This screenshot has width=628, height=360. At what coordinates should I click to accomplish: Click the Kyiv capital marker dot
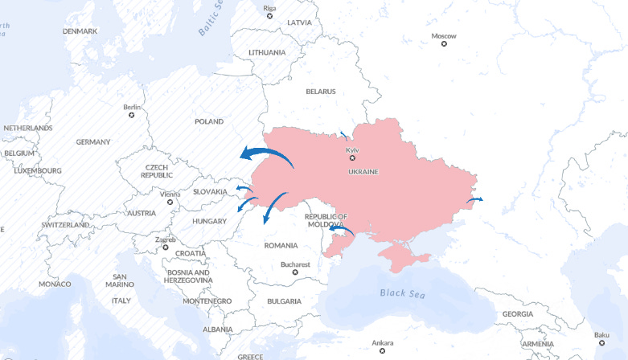click(351, 158)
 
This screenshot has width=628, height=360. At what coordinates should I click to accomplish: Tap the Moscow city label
click(443, 36)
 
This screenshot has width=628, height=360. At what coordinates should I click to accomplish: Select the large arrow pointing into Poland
click(265, 154)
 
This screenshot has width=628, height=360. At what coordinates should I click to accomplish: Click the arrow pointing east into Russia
click(475, 198)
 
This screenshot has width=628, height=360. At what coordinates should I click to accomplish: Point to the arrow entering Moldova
click(341, 231)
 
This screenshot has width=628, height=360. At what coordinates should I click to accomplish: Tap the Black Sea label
click(401, 292)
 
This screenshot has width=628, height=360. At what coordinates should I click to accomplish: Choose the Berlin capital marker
click(132, 115)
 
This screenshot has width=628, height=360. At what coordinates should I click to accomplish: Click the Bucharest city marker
click(295, 272)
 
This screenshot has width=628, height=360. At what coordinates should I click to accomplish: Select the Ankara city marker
click(382, 350)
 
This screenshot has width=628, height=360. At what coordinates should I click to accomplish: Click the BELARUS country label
click(320, 92)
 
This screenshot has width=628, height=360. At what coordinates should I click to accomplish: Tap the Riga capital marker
click(269, 16)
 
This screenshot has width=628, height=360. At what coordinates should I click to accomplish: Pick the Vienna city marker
click(170, 202)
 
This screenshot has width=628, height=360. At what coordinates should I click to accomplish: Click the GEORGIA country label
click(517, 314)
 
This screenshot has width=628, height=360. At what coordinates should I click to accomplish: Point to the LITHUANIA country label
click(267, 53)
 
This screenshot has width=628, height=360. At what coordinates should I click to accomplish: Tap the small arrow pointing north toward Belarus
click(345, 136)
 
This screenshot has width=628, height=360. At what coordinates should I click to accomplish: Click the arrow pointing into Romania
click(273, 207)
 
